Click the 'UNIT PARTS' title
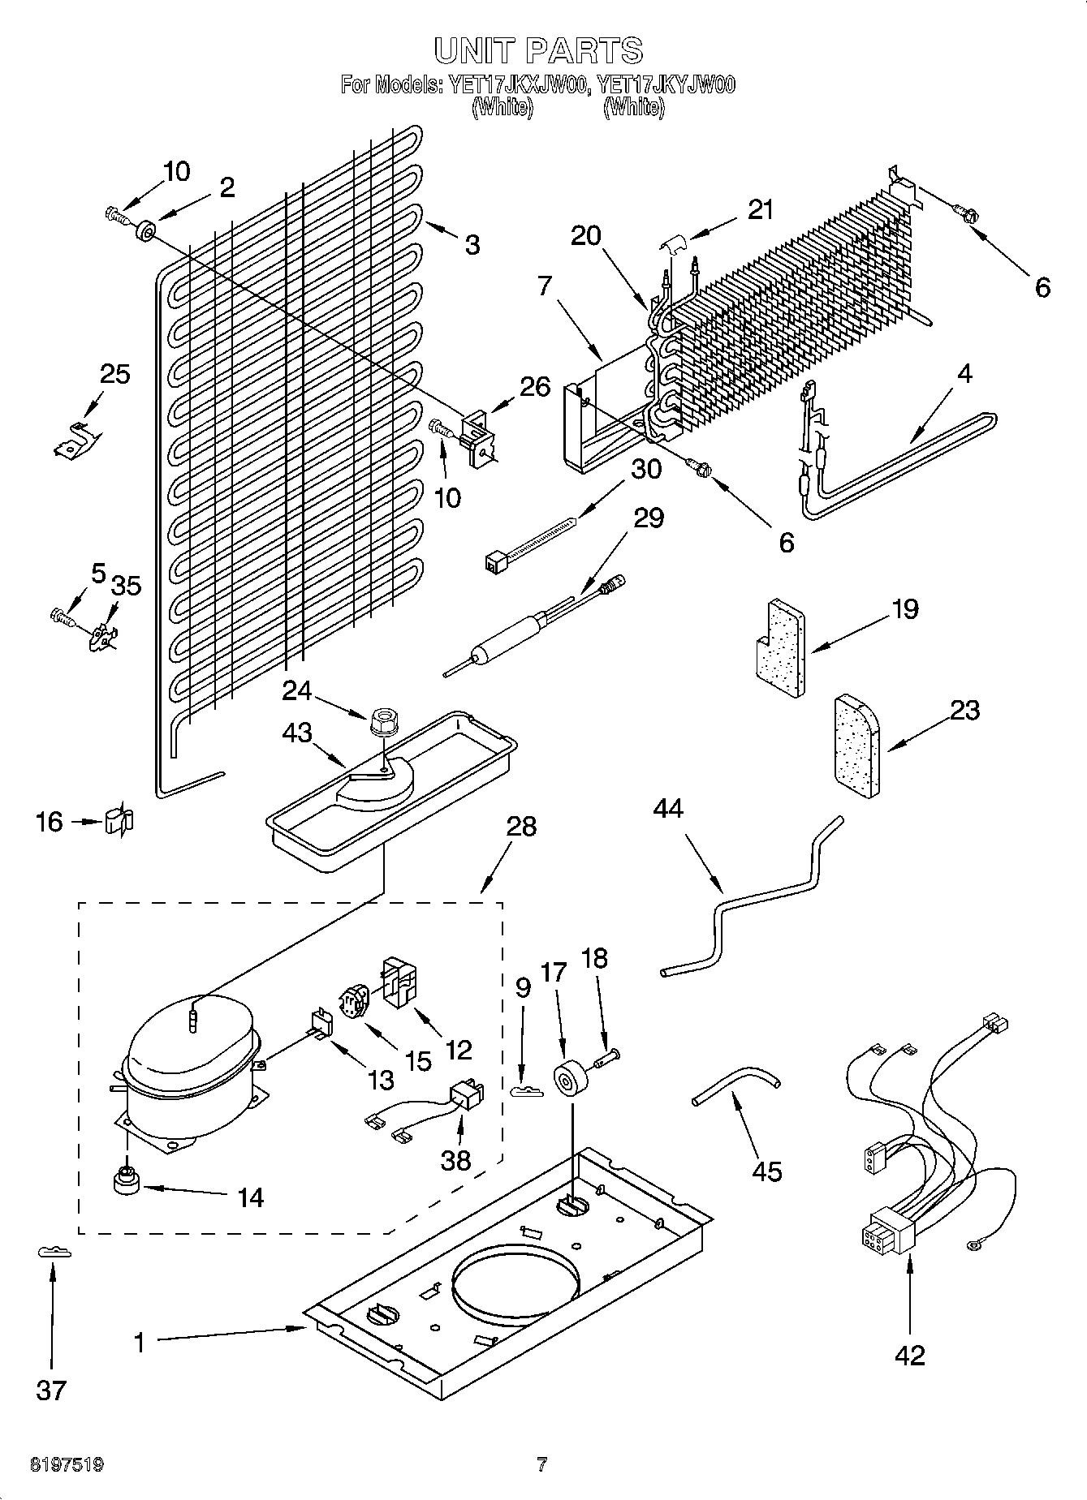tap(539, 50)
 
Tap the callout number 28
tap(521, 827)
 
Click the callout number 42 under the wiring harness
tap(909, 1355)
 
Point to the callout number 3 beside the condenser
tap(472, 244)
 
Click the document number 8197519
tap(67, 1465)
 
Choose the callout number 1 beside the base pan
tap(139, 1343)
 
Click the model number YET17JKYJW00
tap(666, 85)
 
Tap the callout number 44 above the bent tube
tap(668, 809)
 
